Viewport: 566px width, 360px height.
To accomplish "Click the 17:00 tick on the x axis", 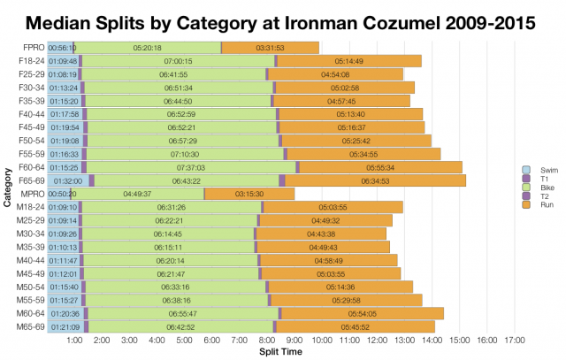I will pyautogui.click(x=515, y=340).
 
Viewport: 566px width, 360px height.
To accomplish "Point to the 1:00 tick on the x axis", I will pyautogui.click(x=74, y=340).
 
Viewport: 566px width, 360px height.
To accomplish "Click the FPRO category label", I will pyautogui.click(x=29, y=47).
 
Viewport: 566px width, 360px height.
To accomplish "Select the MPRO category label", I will pyautogui.click(x=29, y=193).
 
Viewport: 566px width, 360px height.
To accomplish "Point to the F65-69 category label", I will pyautogui.click(x=27, y=180).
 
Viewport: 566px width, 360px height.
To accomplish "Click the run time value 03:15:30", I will pyautogui.click(x=249, y=194).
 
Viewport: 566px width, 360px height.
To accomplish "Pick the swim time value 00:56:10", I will pyautogui.click(x=62, y=47).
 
